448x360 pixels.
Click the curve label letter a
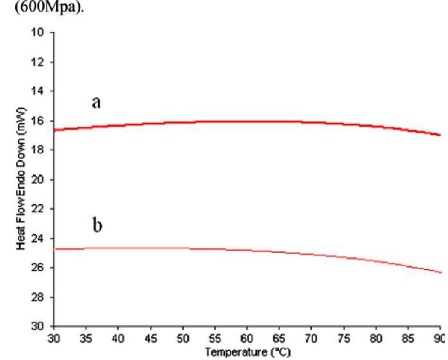(96, 103)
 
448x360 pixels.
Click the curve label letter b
(98, 225)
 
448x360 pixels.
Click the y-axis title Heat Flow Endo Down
(20, 180)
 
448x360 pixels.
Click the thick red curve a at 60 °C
(247, 121)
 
